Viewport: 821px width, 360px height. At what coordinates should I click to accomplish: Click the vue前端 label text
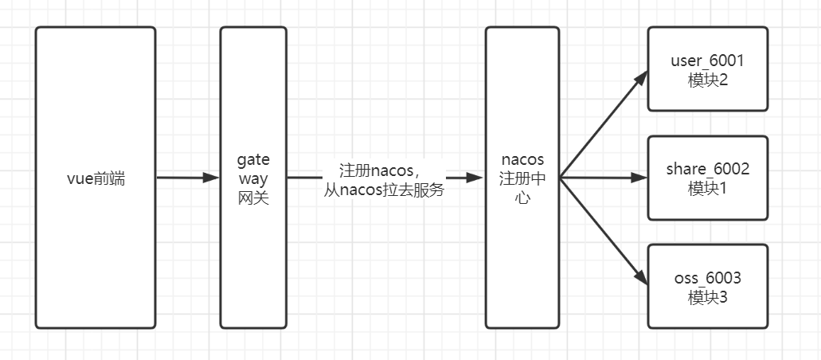pos(96,178)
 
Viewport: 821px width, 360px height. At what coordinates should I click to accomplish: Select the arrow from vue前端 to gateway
pos(187,178)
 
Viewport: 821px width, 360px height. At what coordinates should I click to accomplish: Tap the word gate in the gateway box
pos(253,160)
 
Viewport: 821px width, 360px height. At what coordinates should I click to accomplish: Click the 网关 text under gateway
pos(253,198)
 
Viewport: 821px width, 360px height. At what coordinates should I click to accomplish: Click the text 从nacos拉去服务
pos(384,190)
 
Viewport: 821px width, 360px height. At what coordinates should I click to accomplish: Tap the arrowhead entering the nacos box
pos(474,178)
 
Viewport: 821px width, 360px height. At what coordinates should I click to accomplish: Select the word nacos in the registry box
pos(522,159)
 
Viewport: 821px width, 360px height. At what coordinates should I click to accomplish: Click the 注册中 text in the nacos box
pos(522,178)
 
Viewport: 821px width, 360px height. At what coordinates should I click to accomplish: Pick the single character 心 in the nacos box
pos(522,198)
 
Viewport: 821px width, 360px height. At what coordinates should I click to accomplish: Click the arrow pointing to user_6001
pos(604,124)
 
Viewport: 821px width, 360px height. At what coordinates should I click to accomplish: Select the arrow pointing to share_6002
pos(604,178)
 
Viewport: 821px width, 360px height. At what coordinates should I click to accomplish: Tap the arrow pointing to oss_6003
pos(604,231)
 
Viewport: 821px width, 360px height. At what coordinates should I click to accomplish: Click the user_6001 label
pos(707,61)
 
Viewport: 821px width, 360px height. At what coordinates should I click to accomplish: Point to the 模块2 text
pos(707,80)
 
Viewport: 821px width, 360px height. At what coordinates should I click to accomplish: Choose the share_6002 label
pos(707,169)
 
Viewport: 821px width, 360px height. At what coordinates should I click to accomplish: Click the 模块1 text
pos(707,188)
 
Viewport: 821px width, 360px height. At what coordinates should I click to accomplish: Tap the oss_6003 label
pos(707,278)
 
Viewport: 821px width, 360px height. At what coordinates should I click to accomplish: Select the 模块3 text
pos(707,298)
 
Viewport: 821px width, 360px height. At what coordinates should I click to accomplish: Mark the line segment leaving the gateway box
pos(305,178)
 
